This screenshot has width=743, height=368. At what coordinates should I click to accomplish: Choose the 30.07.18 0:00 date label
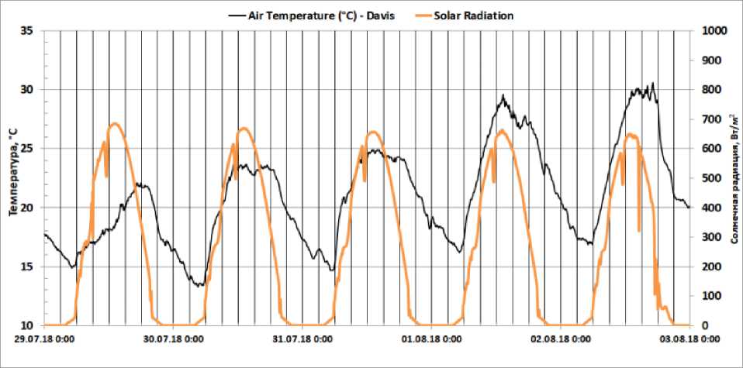(x=172, y=339)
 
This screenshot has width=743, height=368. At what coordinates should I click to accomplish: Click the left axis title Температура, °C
(x=12, y=177)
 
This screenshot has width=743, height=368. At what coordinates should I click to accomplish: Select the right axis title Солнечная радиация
(x=734, y=177)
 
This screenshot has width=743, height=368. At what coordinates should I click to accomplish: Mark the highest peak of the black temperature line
(x=653, y=83)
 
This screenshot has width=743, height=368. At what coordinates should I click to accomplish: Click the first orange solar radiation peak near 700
(x=115, y=123)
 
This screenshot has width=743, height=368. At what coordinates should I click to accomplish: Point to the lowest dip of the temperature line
(x=199, y=286)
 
